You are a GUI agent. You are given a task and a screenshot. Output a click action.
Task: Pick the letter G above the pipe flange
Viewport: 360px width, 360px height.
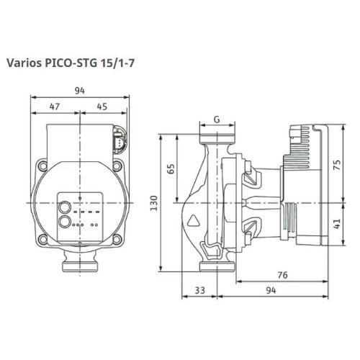pos(216,120)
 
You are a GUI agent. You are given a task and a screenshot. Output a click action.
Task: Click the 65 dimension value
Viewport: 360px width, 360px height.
pos(171,168)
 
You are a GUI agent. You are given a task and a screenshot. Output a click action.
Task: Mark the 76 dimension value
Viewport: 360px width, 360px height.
pos(283,274)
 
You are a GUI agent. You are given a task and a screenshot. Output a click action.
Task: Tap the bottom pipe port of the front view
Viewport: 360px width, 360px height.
pos(78,265)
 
